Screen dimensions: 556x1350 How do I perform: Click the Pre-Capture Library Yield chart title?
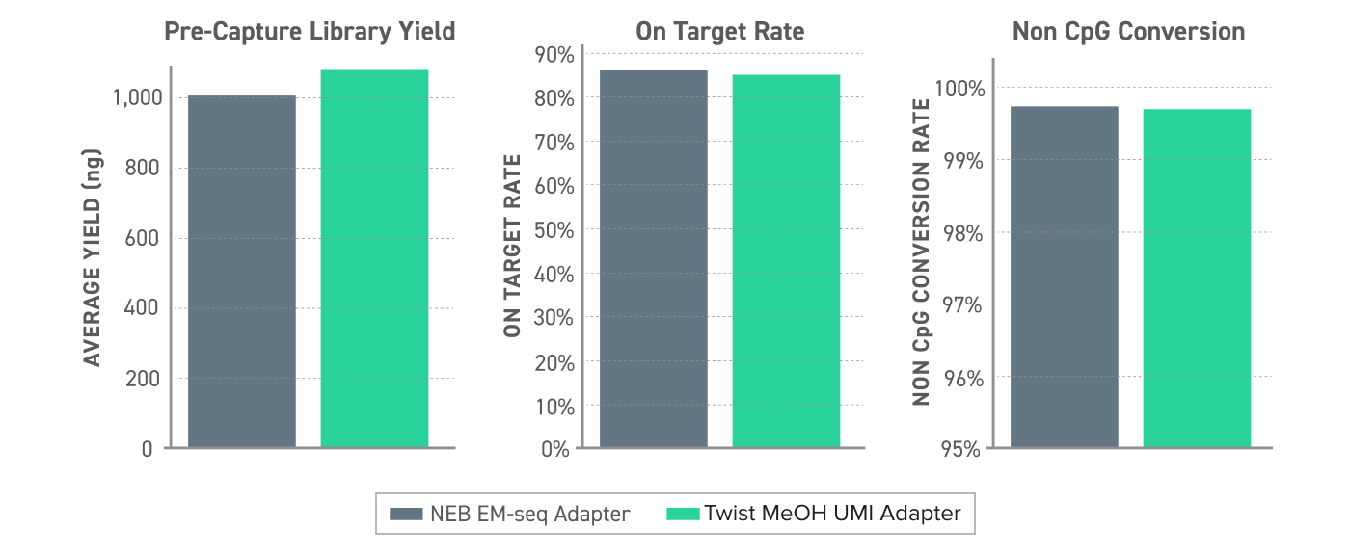click(x=310, y=32)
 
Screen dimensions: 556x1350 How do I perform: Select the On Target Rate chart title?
click(x=719, y=32)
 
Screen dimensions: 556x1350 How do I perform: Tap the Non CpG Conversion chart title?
click(x=1128, y=32)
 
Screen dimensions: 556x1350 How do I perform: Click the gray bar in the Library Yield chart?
click(x=242, y=272)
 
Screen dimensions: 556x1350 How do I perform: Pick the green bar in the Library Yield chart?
click(x=374, y=259)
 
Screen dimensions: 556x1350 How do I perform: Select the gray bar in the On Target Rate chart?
click(x=654, y=259)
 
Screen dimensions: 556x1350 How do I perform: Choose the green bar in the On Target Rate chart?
click(x=786, y=261)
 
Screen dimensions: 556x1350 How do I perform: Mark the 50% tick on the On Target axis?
click(x=554, y=230)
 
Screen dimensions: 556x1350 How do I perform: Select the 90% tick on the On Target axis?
click(x=554, y=54)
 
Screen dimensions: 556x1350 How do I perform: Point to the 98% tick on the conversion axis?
click(x=962, y=232)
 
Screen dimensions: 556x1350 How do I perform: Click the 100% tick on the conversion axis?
click(x=958, y=89)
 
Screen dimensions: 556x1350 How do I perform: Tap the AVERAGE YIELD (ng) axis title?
click(x=92, y=257)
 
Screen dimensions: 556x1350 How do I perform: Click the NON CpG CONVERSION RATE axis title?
click(x=921, y=252)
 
